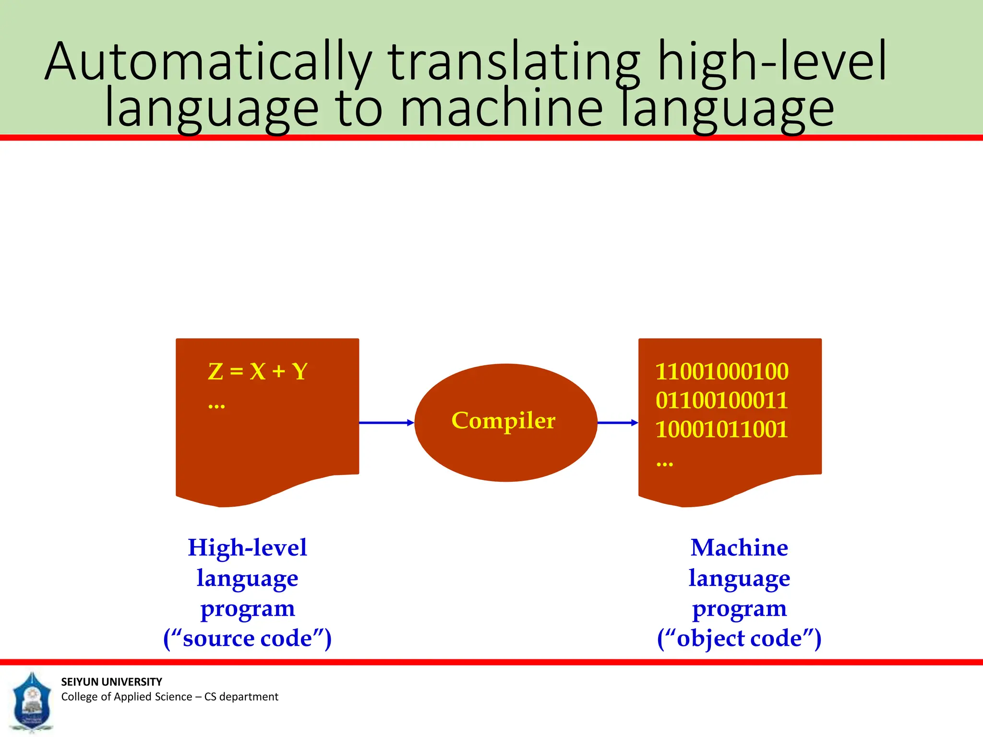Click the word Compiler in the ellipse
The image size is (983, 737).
(x=503, y=421)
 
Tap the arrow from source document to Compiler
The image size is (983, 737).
(x=386, y=423)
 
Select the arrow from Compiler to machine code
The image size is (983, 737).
(x=617, y=423)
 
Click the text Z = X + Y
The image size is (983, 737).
(x=258, y=371)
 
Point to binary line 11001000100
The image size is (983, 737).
(x=722, y=371)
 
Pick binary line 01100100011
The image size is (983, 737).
(x=722, y=400)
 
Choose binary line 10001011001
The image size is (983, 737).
(x=722, y=429)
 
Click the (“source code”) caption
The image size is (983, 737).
(x=247, y=638)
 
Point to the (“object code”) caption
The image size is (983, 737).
(x=739, y=638)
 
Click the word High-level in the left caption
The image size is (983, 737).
(x=247, y=547)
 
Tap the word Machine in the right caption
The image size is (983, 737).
(x=739, y=547)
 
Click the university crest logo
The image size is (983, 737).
(x=32, y=701)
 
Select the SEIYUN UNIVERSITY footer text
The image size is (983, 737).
(x=111, y=682)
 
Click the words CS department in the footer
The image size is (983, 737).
(x=241, y=697)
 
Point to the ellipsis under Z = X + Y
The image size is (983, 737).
(x=216, y=407)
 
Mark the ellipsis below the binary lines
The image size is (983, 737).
(x=665, y=464)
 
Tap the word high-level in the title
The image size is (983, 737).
(x=772, y=62)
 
